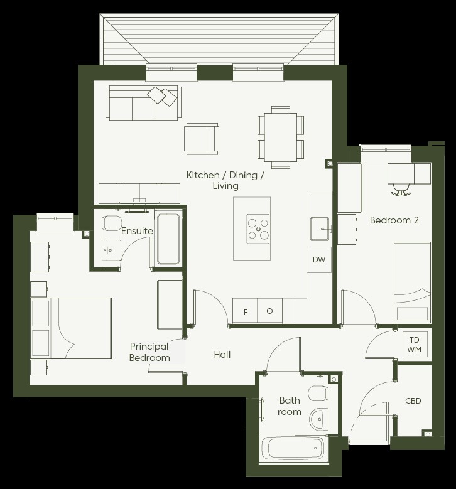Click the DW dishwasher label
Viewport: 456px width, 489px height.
click(x=319, y=259)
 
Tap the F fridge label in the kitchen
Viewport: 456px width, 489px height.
click(x=246, y=312)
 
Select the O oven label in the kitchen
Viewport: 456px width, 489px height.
click(x=269, y=311)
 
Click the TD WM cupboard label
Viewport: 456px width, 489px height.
click(x=414, y=345)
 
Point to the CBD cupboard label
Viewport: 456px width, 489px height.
click(x=413, y=400)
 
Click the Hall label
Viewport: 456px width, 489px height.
click(x=222, y=354)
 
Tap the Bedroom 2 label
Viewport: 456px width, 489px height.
click(x=394, y=220)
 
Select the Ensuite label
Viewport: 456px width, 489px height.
click(x=137, y=231)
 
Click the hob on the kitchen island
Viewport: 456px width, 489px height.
click(x=258, y=229)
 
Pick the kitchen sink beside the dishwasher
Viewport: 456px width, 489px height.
click(x=320, y=229)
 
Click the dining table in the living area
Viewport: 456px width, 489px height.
click(x=281, y=137)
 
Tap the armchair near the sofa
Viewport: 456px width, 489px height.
click(x=202, y=139)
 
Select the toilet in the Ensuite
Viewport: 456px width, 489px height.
click(x=112, y=223)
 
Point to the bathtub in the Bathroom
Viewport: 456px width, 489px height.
click(x=293, y=448)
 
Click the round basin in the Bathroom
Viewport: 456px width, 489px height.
click(x=318, y=419)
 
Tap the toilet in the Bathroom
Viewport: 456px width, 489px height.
click(x=318, y=394)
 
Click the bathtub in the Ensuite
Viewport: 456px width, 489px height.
click(x=168, y=239)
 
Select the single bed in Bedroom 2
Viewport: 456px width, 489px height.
click(x=412, y=282)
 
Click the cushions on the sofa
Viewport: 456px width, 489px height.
click(x=162, y=96)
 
